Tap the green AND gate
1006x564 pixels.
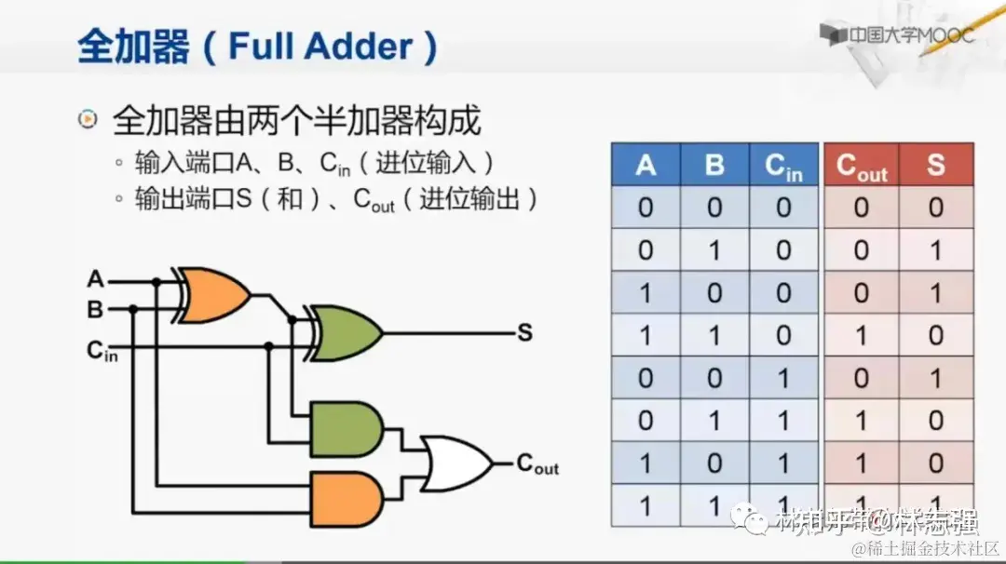(x=348, y=430)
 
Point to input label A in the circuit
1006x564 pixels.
(x=95, y=278)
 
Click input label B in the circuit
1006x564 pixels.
(x=95, y=310)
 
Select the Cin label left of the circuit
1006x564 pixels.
(x=102, y=352)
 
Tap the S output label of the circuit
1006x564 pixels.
(x=524, y=332)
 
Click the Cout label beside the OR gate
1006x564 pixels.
(x=537, y=463)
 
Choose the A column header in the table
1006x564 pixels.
(x=646, y=166)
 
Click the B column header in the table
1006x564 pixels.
(x=714, y=166)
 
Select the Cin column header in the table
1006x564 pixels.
(x=783, y=167)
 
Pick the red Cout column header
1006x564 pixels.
(x=862, y=167)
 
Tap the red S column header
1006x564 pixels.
(x=936, y=166)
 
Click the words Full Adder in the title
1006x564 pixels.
(x=319, y=47)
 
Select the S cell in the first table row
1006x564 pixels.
(x=936, y=208)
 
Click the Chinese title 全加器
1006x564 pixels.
(x=133, y=47)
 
